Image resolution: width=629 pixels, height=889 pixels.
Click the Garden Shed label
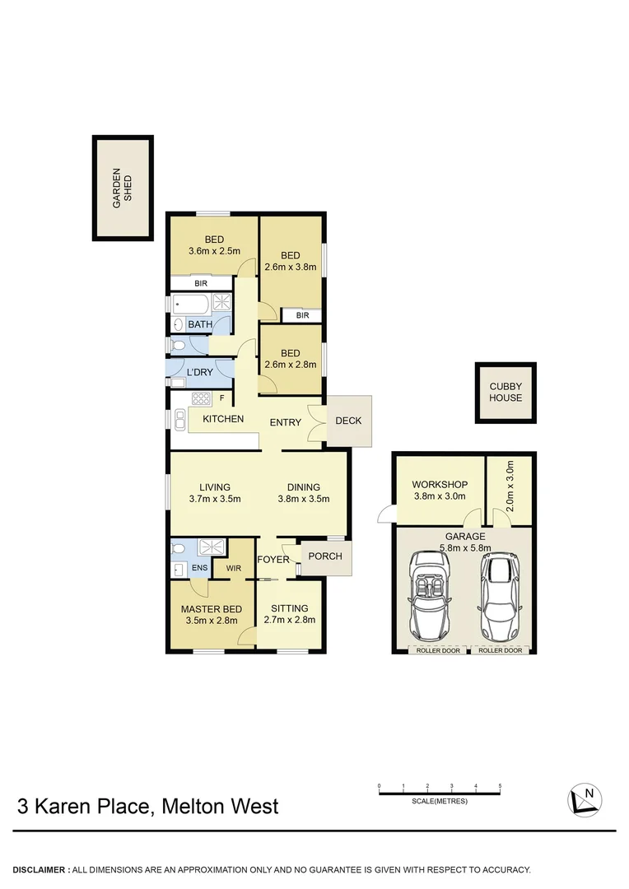122,189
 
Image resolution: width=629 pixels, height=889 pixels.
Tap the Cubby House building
506,393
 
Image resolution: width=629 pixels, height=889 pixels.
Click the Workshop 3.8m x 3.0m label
440,491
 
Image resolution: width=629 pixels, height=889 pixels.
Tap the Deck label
348,421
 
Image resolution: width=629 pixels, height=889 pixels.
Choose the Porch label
324,556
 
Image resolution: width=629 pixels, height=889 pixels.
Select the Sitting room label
288,608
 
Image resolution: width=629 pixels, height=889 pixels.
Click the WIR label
232,567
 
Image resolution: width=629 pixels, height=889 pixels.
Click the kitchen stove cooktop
202,399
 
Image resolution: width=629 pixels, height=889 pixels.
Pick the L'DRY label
200,373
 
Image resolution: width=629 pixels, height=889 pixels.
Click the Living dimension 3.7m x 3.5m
214,498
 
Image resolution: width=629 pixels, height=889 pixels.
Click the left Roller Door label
437,650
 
